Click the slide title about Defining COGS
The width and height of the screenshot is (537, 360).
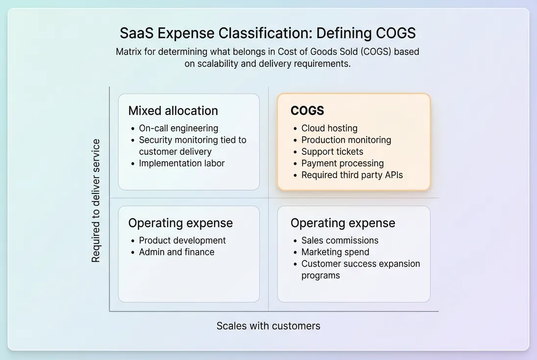268,33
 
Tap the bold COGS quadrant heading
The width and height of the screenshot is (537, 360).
307,111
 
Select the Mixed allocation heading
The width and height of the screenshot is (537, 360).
173,111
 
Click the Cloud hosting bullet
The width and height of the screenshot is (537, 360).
329,128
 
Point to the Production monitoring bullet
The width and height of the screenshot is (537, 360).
346,140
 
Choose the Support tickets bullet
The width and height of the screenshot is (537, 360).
332,152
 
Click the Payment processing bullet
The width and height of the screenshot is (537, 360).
342,164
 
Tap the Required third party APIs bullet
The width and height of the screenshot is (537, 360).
352,175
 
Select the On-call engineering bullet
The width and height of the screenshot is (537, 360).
178,128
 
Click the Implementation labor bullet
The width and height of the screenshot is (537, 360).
182,164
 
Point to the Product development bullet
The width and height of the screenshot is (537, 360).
182,240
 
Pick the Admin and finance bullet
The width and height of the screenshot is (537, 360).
176,252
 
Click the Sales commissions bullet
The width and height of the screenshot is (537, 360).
340,240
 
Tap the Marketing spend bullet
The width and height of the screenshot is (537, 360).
335,252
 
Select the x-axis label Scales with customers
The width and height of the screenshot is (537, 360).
268,326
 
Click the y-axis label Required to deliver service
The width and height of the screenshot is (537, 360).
96,201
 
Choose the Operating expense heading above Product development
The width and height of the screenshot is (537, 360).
180,223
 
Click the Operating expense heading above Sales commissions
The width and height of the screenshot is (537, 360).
342,223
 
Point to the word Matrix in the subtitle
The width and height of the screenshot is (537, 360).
129,51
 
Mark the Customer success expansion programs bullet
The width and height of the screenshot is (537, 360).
360,269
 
